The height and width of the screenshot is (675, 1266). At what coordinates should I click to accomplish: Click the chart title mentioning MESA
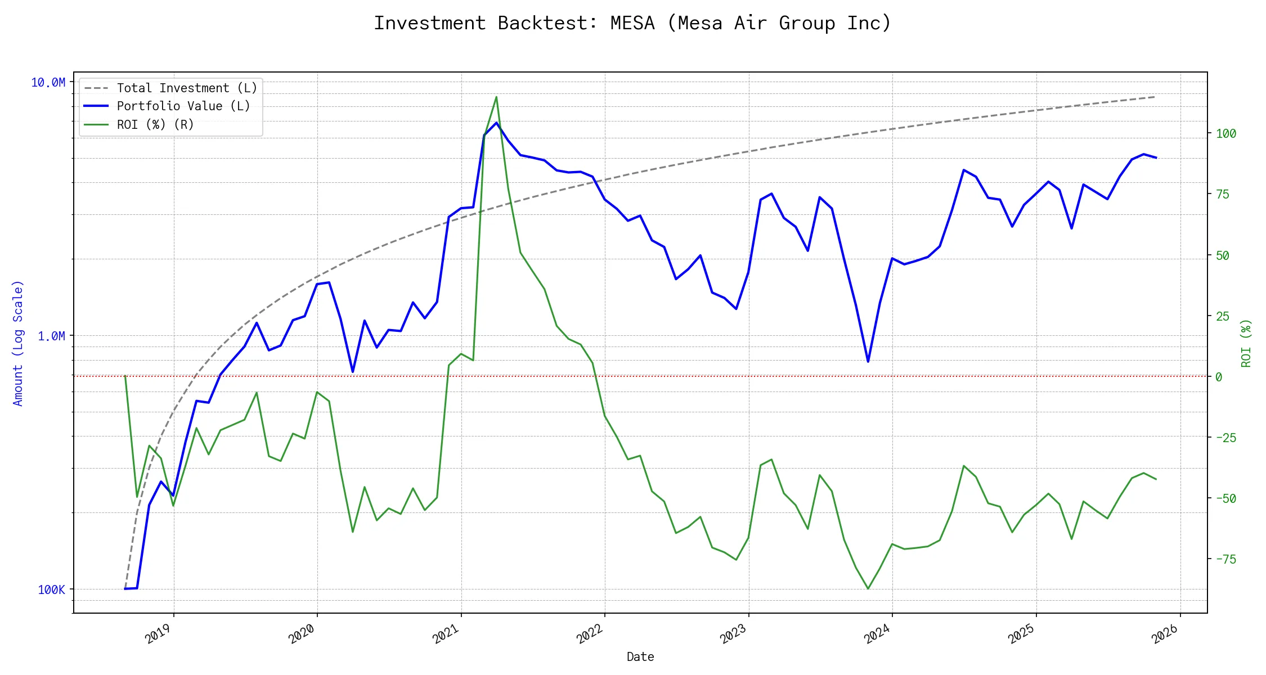(632, 23)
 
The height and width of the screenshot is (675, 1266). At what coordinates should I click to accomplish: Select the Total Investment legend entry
(186, 88)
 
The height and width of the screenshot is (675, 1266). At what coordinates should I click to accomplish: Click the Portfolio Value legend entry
(183, 106)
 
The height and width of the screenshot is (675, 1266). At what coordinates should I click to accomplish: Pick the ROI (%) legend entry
(155, 124)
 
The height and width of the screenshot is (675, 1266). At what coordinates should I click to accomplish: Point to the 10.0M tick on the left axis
(48, 83)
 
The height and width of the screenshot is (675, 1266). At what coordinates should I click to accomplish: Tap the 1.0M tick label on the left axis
(51, 336)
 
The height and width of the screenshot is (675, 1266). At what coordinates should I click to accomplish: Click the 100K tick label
(51, 589)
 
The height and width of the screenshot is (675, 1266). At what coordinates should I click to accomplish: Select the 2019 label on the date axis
(158, 634)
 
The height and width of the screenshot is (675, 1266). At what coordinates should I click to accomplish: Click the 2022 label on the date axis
(590, 634)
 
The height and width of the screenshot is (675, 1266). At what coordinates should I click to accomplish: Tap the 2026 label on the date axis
(1165, 634)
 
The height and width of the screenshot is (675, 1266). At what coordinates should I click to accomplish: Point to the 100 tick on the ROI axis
(1226, 134)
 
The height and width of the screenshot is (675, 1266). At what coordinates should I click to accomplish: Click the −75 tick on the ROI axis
(1226, 559)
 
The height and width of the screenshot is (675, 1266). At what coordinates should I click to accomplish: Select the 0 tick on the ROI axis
(1219, 377)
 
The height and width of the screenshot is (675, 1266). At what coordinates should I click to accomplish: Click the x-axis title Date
(640, 657)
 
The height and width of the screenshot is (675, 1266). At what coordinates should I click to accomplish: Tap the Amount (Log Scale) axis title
(18, 343)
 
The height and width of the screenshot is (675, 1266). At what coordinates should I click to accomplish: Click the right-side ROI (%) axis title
(1246, 343)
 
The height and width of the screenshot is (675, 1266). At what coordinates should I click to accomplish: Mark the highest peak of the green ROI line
(496, 97)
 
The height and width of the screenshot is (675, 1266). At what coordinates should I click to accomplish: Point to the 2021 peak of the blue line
(496, 123)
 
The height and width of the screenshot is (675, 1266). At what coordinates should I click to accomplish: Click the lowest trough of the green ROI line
(868, 588)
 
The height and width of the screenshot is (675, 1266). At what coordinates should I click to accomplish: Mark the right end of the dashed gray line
(1156, 97)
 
